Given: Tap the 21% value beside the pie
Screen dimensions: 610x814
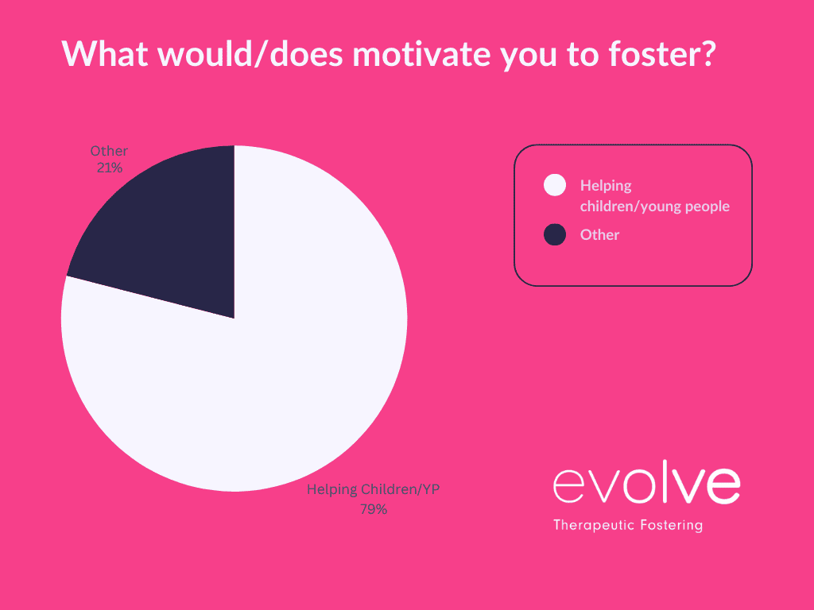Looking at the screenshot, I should [109, 168].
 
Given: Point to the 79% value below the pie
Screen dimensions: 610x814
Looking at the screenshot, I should [374, 509].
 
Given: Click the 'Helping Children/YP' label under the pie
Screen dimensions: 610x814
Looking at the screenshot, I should [374, 490].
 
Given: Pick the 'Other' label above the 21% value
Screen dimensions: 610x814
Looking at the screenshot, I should [109, 151].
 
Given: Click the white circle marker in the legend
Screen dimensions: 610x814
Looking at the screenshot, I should [555, 186].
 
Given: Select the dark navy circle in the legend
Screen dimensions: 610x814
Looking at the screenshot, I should [555, 234].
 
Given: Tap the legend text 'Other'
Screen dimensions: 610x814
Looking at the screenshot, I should [599, 234].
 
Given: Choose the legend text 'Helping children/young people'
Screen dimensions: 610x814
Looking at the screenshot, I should [654, 196].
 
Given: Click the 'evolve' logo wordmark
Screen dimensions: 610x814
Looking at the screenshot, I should [646, 485].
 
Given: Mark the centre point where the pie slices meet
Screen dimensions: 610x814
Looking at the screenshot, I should [235, 319].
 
